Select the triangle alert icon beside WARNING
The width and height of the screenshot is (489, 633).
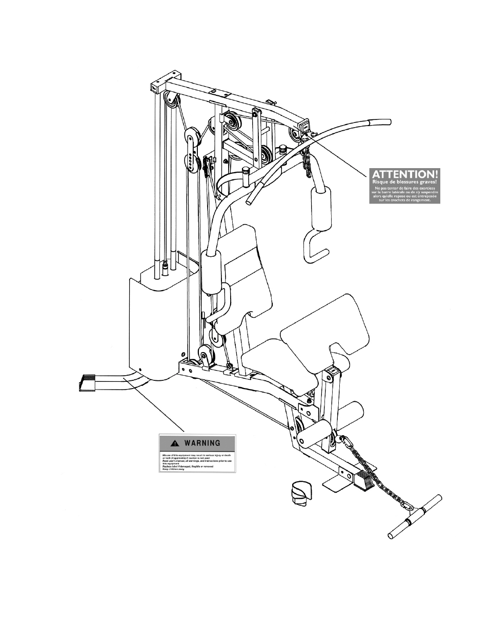[x=175, y=443]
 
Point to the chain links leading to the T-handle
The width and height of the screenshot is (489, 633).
[x=377, y=476]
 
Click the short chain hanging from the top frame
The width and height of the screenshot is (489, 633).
[x=307, y=160]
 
